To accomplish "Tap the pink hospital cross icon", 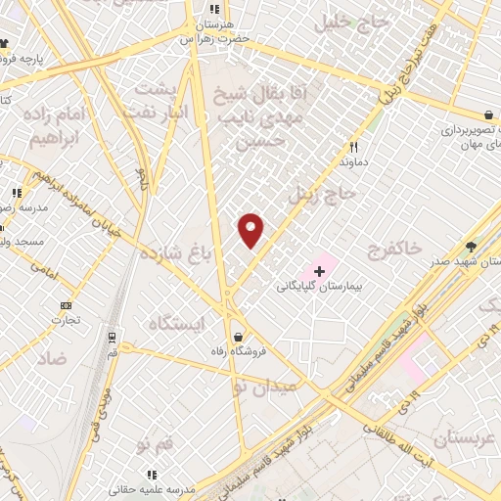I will (319, 269).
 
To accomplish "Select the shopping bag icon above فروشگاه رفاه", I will (237, 336).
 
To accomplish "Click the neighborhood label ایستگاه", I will (180, 323).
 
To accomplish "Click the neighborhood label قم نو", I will (156, 445).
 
